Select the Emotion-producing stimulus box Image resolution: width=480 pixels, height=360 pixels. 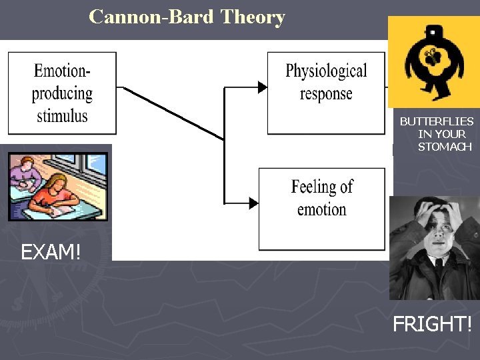click(62, 93)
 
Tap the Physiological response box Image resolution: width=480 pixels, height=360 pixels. click(326, 93)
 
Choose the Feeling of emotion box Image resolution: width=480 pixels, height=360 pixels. click(322, 209)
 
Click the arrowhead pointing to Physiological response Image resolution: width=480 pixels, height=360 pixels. click(262, 86)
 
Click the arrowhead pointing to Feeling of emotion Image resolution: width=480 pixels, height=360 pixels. click(253, 203)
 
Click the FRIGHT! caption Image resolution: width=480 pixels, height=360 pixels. click(432, 325)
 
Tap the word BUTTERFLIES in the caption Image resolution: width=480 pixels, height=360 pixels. click(437, 121)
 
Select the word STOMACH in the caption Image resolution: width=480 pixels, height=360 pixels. click(445, 147)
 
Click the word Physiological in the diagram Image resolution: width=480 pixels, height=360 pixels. click(326, 71)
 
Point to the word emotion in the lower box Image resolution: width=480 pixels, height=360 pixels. click(322, 209)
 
